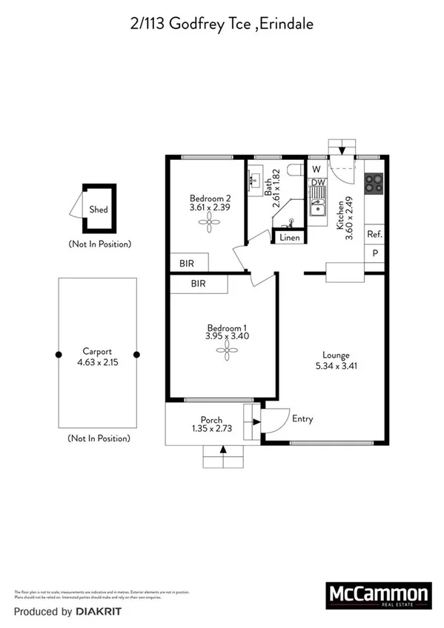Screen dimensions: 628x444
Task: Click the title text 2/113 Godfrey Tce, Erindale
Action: click(222, 24)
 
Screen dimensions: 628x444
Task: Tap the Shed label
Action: click(99, 210)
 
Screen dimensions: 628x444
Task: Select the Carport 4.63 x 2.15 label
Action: click(97, 358)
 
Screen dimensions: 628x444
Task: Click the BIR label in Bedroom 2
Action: click(188, 262)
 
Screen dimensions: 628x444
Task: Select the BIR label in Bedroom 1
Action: click(198, 284)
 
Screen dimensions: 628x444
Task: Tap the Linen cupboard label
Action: click(290, 238)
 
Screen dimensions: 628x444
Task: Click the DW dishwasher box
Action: click(318, 182)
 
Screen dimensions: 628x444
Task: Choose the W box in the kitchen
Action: click(317, 168)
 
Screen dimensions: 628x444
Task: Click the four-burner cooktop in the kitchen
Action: click(374, 181)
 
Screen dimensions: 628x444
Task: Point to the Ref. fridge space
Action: click(374, 235)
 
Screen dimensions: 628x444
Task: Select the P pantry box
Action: click(375, 253)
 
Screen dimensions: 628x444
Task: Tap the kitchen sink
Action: click(318, 204)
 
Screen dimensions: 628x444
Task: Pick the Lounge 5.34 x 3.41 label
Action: click(336, 360)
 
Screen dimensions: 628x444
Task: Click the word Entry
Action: click(302, 418)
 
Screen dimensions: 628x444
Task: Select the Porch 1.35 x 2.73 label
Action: click(212, 425)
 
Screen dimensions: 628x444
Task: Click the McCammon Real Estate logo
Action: click(379, 595)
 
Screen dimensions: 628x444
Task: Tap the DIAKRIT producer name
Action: click(97, 612)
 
